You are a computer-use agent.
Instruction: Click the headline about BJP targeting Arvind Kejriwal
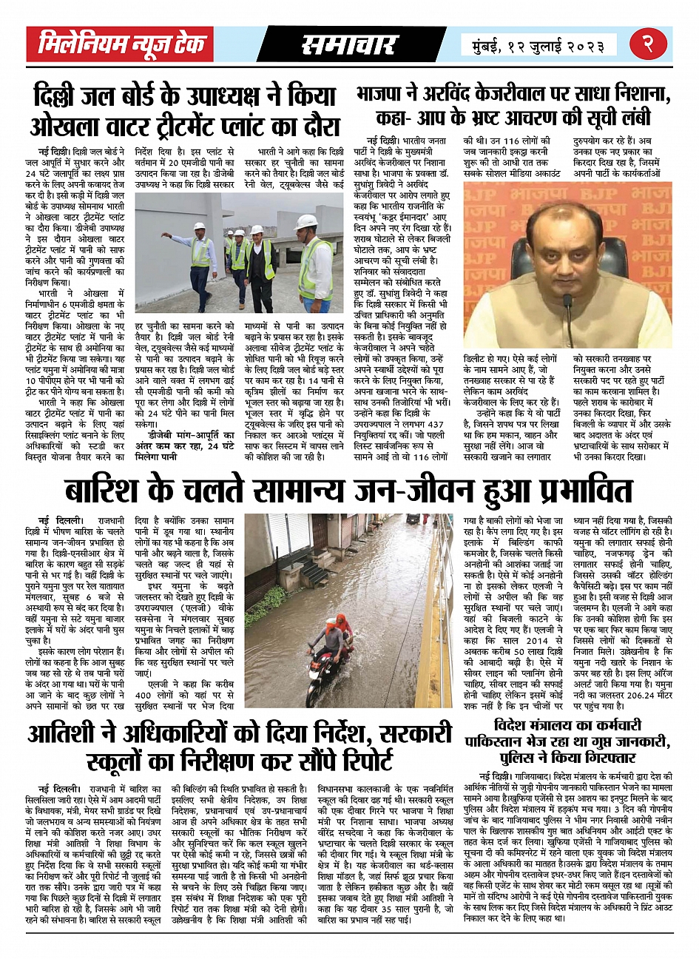(x=514, y=107)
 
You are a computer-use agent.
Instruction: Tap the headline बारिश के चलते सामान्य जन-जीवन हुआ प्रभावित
(x=349, y=491)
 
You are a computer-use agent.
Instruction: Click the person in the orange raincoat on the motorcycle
(x=342, y=625)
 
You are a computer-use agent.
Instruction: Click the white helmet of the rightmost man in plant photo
(x=305, y=223)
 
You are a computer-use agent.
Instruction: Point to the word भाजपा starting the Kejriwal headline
(x=382, y=95)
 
